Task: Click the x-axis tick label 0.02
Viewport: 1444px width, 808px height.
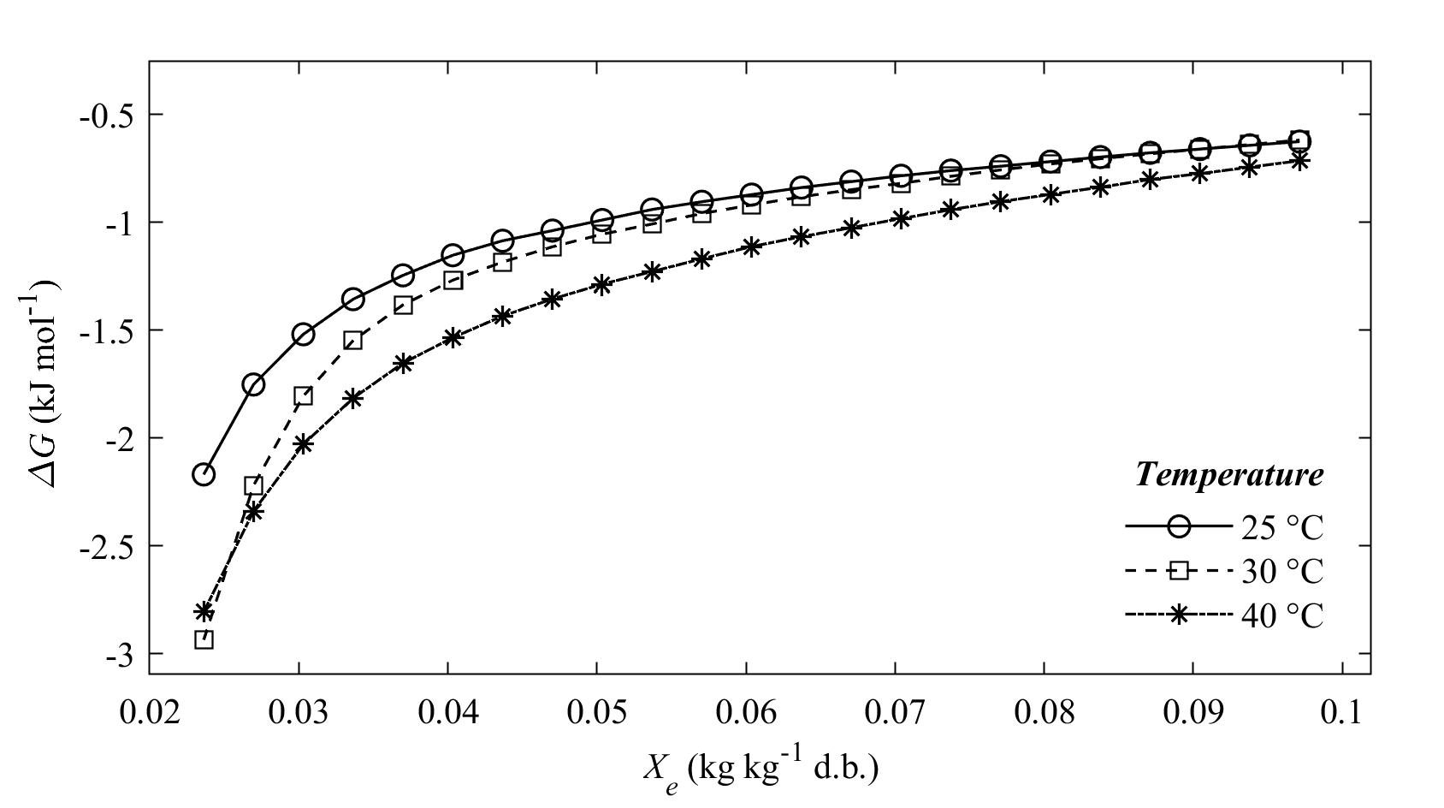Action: (x=150, y=713)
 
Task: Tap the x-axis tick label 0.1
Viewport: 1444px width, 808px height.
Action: (x=1342, y=713)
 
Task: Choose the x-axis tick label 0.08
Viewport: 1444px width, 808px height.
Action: (x=1044, y=713)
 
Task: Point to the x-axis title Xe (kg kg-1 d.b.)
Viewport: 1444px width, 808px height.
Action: (x=760, y=768)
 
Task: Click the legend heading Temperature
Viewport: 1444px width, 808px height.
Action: (x=1228, y=473)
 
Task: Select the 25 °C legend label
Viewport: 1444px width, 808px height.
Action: (x=1281, y=527)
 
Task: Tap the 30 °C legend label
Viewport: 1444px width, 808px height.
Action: (x=1281, y=571)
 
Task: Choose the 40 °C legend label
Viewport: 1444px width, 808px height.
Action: (x=1281, y=615)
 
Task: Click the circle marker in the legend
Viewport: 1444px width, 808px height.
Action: (x=1179, y=527)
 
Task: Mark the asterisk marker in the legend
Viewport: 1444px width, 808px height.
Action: (x=1179, y=615)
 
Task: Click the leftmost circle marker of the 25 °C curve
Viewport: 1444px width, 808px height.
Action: (x=204, y=474)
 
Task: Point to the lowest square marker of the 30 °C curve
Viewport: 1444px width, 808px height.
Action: (x=204, y=639)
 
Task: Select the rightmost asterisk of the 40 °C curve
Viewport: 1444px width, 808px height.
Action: (x=1299, y=160)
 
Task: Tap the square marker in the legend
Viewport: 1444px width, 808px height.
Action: (x=1179, y=571)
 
